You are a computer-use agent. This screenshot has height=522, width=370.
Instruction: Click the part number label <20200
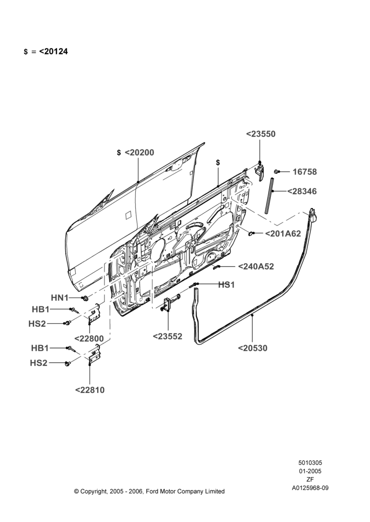pyautogui.click(x=140, y=152)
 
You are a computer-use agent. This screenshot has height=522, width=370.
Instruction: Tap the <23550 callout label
pyautogui.click(x=261, y=134)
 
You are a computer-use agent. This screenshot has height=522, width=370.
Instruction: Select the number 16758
pyautogui.click(x=305, y=172)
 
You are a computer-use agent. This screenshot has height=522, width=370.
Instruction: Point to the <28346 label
pyautogui.click(x=302, y=192)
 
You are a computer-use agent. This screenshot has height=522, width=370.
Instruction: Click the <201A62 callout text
pyautogui.click(x=283, y=234)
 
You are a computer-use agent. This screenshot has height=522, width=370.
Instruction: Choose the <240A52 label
pyautogui.click(x=256, y=266)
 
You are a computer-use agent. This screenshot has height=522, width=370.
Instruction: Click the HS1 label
pyautogui.click(x=226, y=285)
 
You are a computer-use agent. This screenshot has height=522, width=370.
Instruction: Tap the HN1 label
pyautogui.click(x=60, y=298)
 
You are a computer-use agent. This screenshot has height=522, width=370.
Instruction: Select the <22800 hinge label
pyautogui.click(x=89, y=339)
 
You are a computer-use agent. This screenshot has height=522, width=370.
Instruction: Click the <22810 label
pyautogui.click(x=90, y=390)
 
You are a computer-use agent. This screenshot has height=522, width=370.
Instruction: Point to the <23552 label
pyautogui.click(x=167, y=337)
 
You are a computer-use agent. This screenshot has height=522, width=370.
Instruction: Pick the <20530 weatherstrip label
pyautogui.click(x=252, y=348)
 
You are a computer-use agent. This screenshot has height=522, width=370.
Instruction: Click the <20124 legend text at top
pyautogui.click(x=53, y=52)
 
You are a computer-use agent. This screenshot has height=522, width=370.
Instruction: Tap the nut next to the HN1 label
pyautogui.click(x=85, y=298)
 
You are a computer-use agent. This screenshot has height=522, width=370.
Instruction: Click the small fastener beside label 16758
pyautogui.click(x=276, y=171)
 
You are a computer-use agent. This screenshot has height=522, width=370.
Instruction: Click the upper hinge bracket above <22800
pyautogui.click(x=95, y=314)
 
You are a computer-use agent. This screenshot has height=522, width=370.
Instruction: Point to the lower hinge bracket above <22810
pyautogui.click(x=94, y=353)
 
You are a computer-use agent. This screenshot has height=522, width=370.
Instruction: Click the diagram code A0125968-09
pyautogui.click(x=310, y=489)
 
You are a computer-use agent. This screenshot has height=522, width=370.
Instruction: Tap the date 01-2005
pyautogui.click(x=310, y=471)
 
